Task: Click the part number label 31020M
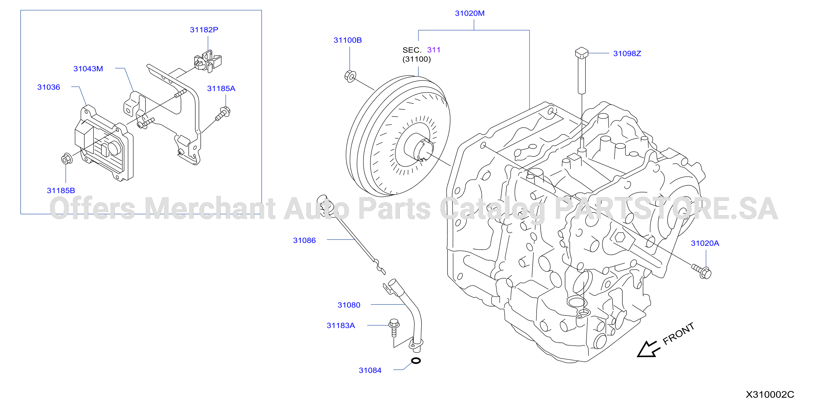coord(469,13)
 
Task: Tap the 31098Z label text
coord(627,54)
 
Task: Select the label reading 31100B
coord(348,40)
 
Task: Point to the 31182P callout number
coord(204,29)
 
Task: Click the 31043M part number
coord(88,68)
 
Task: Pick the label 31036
coord(49,87)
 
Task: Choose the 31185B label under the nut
coord(61,190)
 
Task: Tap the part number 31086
coord(304,240)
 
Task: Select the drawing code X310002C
coord(770,395)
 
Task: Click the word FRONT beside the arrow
coord(678,334)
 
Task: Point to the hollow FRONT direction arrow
coord(648,349)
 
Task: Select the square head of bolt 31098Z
coord(582,52)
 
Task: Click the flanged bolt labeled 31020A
coord(702,271)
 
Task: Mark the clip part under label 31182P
coord(208,61)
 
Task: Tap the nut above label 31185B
coord(67,159)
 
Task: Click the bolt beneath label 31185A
coord(223,114)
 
